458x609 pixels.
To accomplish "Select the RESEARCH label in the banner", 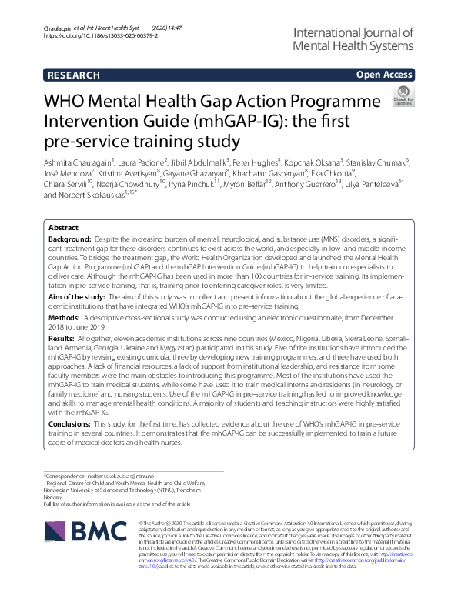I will [x=73, y=75].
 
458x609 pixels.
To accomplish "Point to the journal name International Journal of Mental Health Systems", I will [x=353, y=39].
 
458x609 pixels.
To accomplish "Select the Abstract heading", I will [x=63, y=228].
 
